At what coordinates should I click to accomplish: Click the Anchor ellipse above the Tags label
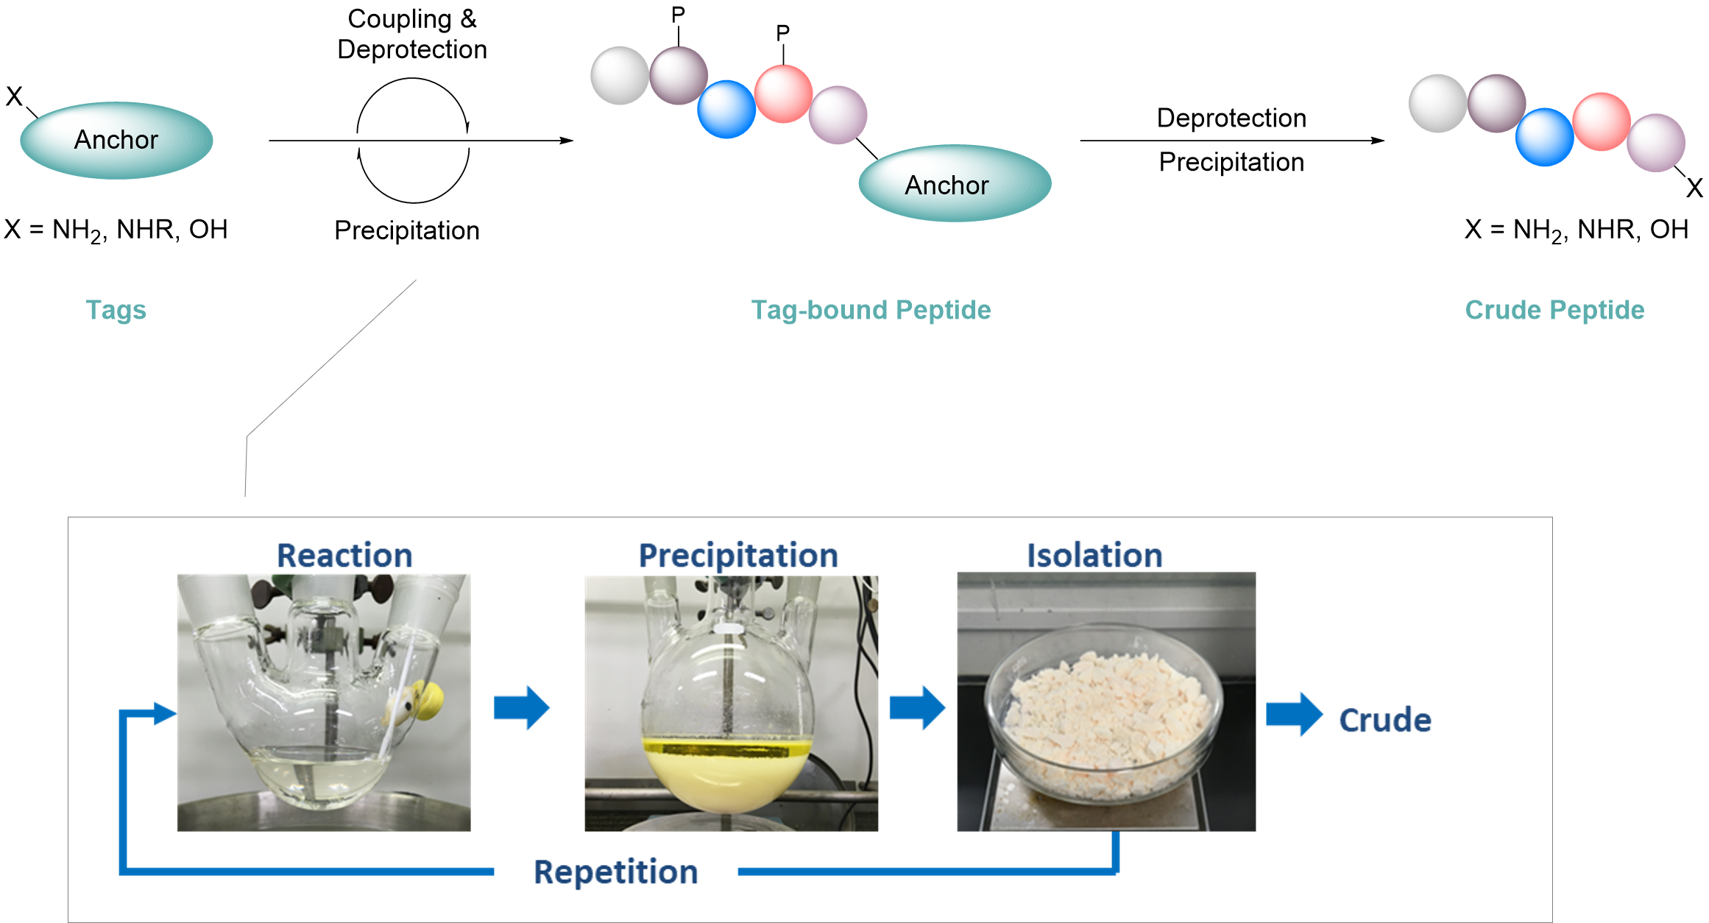(116, 141)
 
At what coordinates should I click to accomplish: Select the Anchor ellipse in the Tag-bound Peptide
(954, 184)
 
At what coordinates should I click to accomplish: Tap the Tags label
(116, 310)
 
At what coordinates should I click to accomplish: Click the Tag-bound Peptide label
(871, 310)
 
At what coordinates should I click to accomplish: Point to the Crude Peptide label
(1554, 310)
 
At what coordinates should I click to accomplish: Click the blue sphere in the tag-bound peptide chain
(726, 109)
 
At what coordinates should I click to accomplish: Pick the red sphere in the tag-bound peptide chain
(783, 93)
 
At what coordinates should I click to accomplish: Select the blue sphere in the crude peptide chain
(1544, 137)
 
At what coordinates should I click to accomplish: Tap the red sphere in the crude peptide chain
(1601, 121)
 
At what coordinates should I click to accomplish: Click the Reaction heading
(344, 555)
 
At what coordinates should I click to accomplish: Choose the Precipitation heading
(737, 555)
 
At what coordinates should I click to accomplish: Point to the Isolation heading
(1094, 555)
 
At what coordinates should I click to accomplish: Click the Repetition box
(615, 871)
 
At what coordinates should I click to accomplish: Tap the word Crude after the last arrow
(1384, 720)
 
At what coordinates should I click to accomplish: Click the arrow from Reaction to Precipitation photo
(521, 707)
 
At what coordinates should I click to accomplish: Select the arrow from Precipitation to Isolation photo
(917, 707)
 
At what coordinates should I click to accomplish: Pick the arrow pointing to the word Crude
(1294, 714)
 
